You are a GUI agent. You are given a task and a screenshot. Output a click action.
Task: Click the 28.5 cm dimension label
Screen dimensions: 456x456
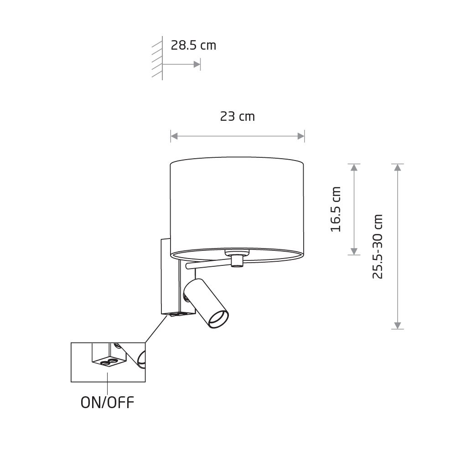[x=193, y=45]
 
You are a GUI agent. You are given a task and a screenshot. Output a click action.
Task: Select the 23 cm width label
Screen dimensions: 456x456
[x=237, y=116]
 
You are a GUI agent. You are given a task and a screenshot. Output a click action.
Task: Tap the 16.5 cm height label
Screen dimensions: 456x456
[x=336, y=209]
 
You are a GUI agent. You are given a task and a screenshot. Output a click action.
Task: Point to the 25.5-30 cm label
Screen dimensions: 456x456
[x=378, y=247]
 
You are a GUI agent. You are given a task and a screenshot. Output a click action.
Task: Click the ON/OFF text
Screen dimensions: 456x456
[x=107, y=403]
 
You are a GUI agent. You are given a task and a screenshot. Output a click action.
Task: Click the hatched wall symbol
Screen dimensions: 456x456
[x=157, y=58]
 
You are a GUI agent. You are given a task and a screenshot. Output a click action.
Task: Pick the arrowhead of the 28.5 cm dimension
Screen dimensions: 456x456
[x=197, y=64]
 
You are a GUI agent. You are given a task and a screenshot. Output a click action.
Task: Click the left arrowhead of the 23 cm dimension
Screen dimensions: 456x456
[x=174, y=136]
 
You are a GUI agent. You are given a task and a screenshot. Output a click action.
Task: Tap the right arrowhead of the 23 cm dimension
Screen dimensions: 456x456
[x=301, y=136]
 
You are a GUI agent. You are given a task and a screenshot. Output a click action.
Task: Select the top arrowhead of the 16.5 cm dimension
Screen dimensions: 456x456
[x=354, y=167]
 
